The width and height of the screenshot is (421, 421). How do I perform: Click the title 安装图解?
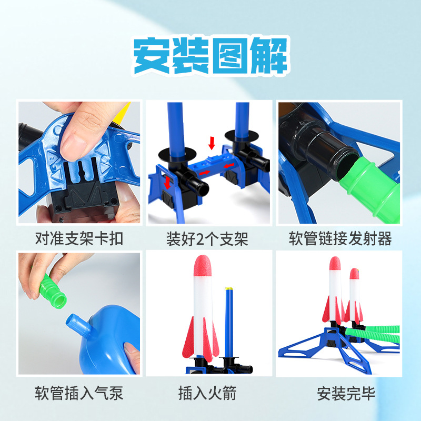click(210, 56)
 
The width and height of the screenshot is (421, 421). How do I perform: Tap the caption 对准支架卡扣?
click(79, 239)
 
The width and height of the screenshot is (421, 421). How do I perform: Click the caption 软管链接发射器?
click(340, 239)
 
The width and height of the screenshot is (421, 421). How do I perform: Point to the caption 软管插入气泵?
click(79, 393)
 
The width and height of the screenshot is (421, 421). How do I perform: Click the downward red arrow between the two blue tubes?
click(212, 142)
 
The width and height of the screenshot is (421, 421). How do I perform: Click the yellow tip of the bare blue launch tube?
click(228, 289)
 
